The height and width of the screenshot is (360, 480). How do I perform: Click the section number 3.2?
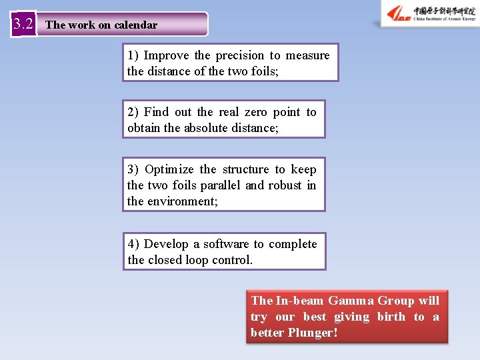pyautogui.click(x=23, y=25)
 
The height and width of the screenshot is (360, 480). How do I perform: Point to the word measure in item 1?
pyautogui.click(x=308, y=55)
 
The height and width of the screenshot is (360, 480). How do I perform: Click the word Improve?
pyautogui.click(x=167, y=55)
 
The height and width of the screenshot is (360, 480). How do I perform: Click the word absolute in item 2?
pyautogui.click(x=212, y=128)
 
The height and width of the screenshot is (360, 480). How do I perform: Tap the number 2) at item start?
pyautogui.click(x=133, y=112)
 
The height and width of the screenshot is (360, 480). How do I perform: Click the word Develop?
pyautogui.click(x=166, y=244)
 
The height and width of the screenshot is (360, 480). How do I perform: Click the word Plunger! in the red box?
pyautogui.click(x=313, y=332)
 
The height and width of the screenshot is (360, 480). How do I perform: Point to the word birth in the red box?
pyautogui.click(x=391, y=317)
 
